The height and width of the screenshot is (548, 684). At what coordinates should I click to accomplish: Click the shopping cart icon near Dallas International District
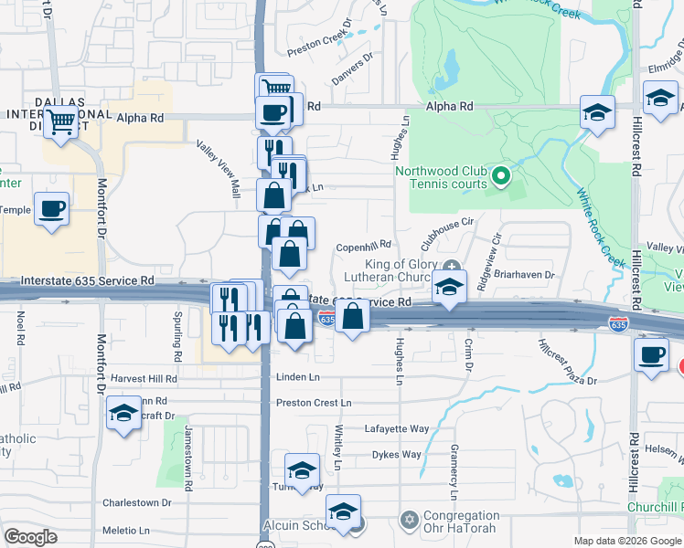[x=61, y=121]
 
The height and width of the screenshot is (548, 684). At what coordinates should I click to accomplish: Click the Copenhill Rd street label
[x=363, y=245]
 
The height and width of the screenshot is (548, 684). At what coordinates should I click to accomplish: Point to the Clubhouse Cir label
[x=447, y=234]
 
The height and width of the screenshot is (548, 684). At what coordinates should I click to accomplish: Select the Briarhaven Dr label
[x=529, y=274]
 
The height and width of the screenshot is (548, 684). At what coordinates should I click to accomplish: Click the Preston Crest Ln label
[x=314, y=403]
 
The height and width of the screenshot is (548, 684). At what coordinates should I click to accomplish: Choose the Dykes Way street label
[x=396, y=454]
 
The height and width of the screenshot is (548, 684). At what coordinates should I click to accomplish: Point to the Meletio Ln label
[x=125, y=530]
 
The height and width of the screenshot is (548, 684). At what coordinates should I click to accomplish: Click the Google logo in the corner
[x=31, y=537]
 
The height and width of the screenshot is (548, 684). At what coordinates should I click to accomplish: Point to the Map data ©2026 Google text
[x=626, y=541]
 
